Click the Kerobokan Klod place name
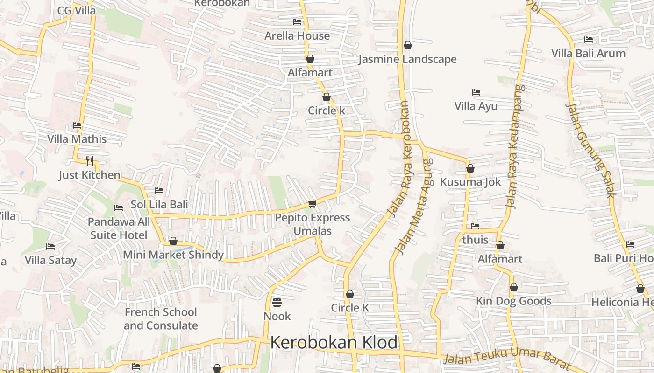pyautogui.click(x=334, y=343)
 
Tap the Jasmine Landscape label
pyautogui.click(x=407, y=60)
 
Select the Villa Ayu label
pyautogui.click(x=476, y=106)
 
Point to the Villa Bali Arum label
pyautogui.click(x=588, y=54)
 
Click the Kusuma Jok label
pyautogui.click(x=470, y=182)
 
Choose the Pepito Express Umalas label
pyautogui.click(x=313, y=224)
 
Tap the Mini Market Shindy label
pyautogui.click(x=173, y=255)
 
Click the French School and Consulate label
pyautogui.click(x=161, y=319)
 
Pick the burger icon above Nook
pyautogui.click(x=277, y=303)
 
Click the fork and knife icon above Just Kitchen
pyautogui.click(x=90, y=161)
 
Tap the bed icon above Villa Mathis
pyautogui.click(x=77, y=125)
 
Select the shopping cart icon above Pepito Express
pyautogui.click(x=313, y=204)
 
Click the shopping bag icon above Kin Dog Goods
pyautogui.click(x=514, y=288)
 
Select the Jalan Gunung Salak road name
pyautogui.click(x=591, y=150)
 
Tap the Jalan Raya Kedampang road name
pyautogui.click(x=515, y=146)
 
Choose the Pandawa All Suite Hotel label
pyautogui.click(x=119, y=228)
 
